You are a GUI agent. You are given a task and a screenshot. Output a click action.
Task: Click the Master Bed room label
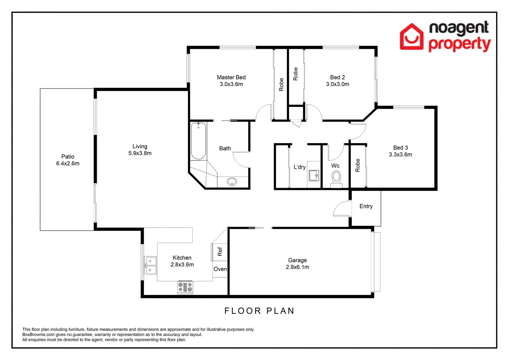click(231, 77)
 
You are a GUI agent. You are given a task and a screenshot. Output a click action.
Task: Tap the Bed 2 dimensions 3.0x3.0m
click(337, 84)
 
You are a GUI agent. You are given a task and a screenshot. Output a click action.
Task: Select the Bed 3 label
click(400, 148)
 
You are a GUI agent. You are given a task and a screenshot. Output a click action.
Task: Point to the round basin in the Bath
click(232, 182)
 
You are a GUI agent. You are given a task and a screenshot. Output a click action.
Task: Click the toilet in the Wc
click(336, 178)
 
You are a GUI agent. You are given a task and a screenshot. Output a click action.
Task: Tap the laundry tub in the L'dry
click(313, 175)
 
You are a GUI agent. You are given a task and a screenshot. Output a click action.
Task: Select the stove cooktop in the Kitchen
click(185, 287)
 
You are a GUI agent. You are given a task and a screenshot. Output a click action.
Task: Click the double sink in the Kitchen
click(150, 266)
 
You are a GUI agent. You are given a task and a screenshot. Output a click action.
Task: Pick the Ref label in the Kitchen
click(220, 252)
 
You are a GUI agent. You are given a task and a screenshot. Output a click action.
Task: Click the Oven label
click(220, 269)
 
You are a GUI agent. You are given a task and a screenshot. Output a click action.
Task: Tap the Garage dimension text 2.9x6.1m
click(297, 267)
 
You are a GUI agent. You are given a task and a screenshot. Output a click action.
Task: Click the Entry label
click(366, 206)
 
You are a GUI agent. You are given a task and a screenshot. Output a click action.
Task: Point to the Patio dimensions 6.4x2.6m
click(68, 164)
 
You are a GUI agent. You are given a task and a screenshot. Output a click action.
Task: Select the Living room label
click(140, 146)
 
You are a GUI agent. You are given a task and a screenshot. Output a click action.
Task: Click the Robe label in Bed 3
click(358, 165)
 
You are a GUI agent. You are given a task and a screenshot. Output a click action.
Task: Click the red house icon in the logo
click(412, 37)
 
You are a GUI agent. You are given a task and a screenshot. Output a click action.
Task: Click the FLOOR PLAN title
click(259, 311)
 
